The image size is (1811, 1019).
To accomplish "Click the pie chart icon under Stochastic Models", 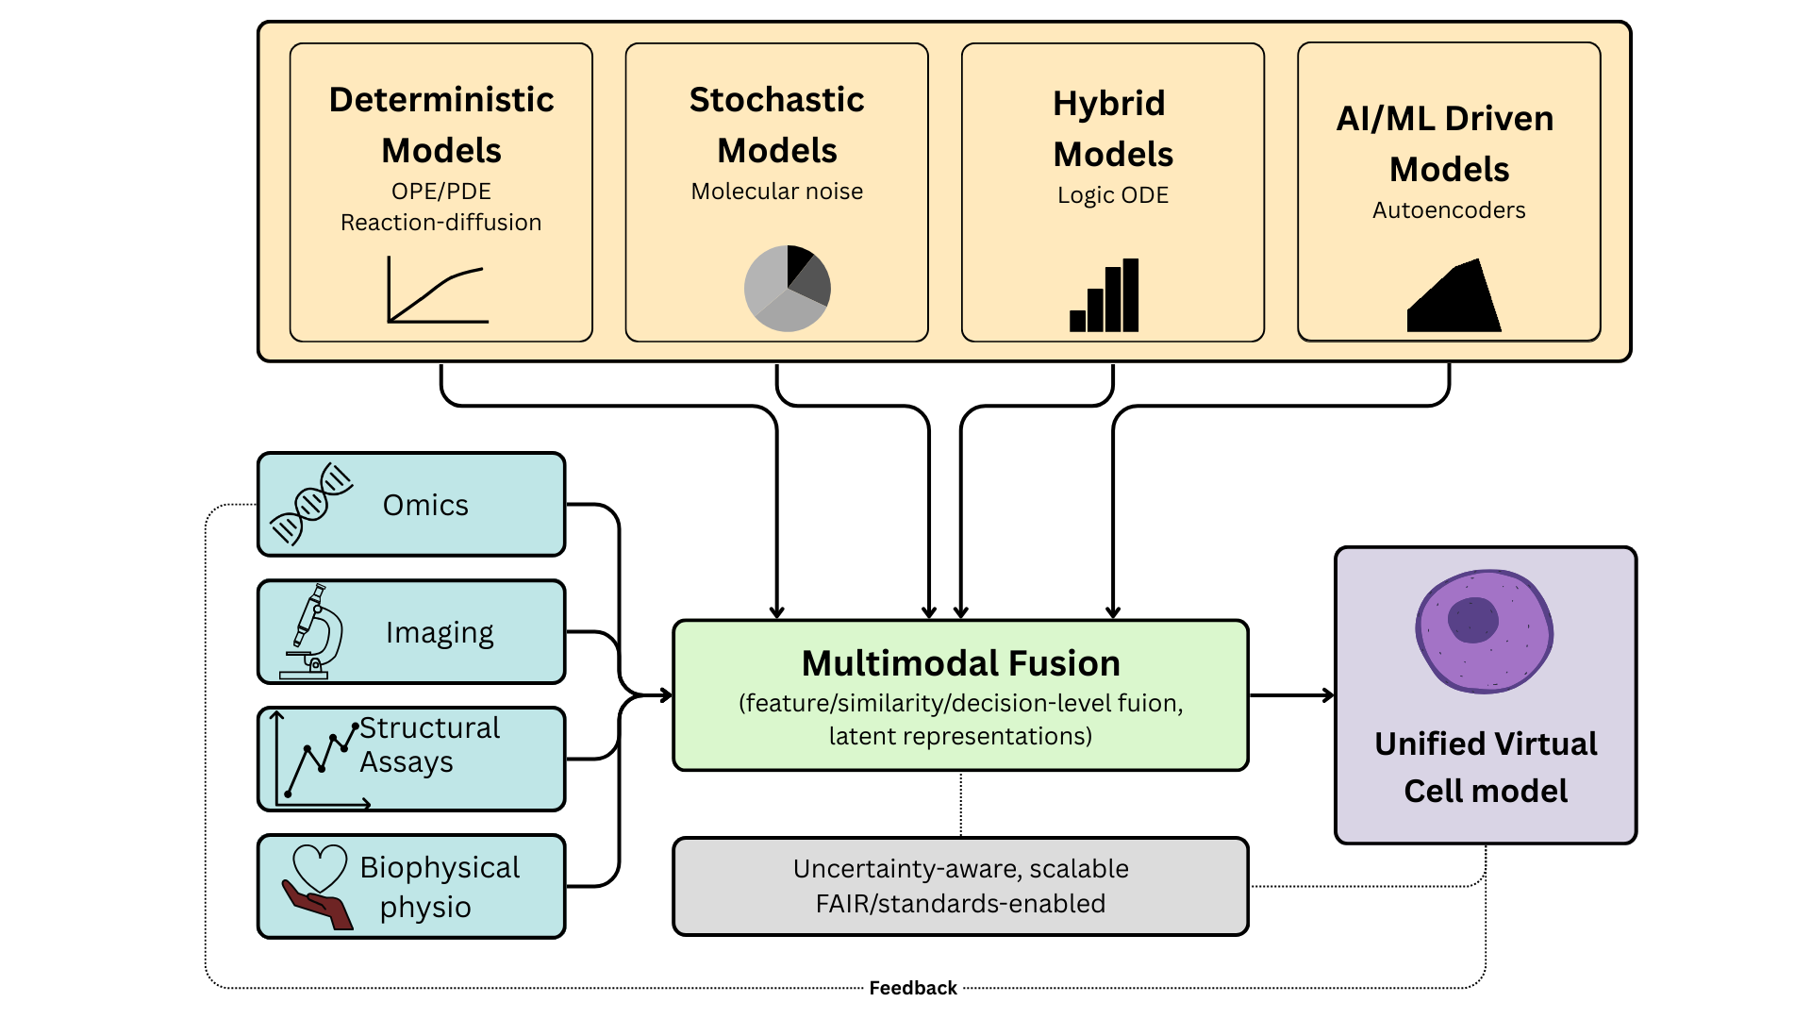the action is coord(788,289).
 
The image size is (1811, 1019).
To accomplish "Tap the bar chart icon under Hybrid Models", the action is coord(1105,295).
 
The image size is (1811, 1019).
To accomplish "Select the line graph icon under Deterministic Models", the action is coord(438,291).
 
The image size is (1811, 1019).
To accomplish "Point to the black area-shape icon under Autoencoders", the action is coord(1454,296).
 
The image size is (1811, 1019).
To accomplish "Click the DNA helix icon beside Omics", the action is coord(311,504).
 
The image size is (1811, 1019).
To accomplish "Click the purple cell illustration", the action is coord(1485,631).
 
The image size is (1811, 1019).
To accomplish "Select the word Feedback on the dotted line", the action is coord(913,988).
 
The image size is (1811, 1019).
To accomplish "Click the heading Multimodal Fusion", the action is coord(960,663).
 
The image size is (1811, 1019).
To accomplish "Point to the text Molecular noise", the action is coord(777,192).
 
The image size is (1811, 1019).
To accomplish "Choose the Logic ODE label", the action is coord(1113,195).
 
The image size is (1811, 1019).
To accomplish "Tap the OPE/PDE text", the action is coord(441,192).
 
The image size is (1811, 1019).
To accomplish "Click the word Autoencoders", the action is coord(1449,210).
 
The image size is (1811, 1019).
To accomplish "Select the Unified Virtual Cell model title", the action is coord(1486,767).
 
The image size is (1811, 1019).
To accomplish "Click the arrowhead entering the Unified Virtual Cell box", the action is coord(1328,695).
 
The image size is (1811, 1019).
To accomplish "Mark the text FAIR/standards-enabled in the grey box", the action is coord(960,904).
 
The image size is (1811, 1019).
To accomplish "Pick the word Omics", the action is coord(425,505).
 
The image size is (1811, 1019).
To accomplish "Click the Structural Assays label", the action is coord(429,744).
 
